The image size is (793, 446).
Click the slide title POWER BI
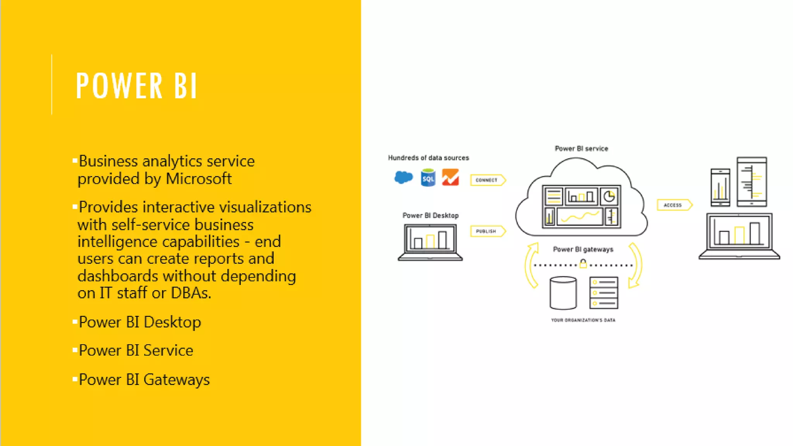click(x=137, y=86)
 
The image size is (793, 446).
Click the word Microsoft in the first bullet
click(x=199, y=179)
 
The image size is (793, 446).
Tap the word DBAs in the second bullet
click(x=191, y=293)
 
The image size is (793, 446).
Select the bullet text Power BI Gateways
click(x=144, y=380)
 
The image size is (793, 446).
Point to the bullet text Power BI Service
click(x=136, y=350)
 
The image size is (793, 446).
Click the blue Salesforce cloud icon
click(x=403, y=177)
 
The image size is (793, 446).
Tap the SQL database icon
click(x=428, y=178)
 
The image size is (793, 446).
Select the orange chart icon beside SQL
click(x=450, y=177)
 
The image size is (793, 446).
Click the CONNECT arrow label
click(x=487, y=180)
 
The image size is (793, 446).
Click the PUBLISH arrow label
click(x=486, y=231)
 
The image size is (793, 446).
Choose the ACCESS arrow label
click(x=673, y=205)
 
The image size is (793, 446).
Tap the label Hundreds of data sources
click(x=428, y=158)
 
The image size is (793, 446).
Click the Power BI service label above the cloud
click(x=581, y=149)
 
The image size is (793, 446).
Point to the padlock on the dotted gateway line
click(x=583, y=264)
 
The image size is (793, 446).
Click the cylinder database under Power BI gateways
click(x=563, y=293)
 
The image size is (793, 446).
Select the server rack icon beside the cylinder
click(x=604, y=293)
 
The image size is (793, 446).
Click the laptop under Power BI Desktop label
click(x=430, y=242)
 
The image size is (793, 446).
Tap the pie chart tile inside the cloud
click(x=609, y=197)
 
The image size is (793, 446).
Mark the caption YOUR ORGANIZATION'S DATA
click(x=583, y=320)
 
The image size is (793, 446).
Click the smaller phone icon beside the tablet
click(x=720, y=187)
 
